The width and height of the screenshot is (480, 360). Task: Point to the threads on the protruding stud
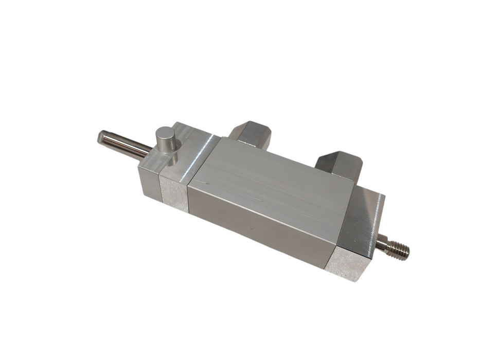tap(399, 249)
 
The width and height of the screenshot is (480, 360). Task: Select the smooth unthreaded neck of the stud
tap(381, 245)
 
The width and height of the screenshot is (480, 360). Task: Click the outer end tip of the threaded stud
tap(409, 251)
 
